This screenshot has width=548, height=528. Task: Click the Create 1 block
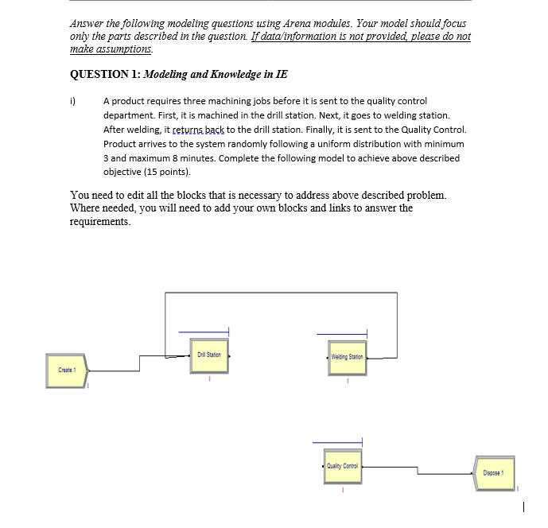(x=66, y=370)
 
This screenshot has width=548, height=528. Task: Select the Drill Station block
(x=210, y=355)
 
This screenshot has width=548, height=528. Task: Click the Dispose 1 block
(x=493, y=473)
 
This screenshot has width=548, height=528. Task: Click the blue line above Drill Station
(x=204, y=332)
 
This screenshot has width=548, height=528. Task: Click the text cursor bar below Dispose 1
(x=523, y=505)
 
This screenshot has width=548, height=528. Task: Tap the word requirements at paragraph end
(x=99, y=222)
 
